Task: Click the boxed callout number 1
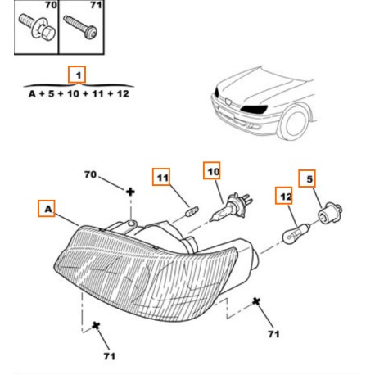[77, 75]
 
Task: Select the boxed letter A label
[47, 209]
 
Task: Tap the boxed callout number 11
[161, 177]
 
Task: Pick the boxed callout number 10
[212, 170]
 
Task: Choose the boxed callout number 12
[284, 196]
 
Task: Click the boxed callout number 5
[307, 178]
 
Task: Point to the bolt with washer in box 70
[38, 26]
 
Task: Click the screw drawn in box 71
[80, 27]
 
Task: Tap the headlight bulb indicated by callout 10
[231, 207]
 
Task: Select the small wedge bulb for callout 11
[192, 211]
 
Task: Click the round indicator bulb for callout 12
[296, 233]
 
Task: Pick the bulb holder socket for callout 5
[330, 213]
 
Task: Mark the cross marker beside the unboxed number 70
[130, 192]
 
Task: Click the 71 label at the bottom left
[110, 356]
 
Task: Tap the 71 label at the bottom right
[273, 334]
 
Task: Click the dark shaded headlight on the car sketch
[254, 109]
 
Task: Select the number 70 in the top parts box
[51, 5]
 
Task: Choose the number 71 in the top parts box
[96, 5]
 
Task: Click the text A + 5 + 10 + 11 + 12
[79, 94]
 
